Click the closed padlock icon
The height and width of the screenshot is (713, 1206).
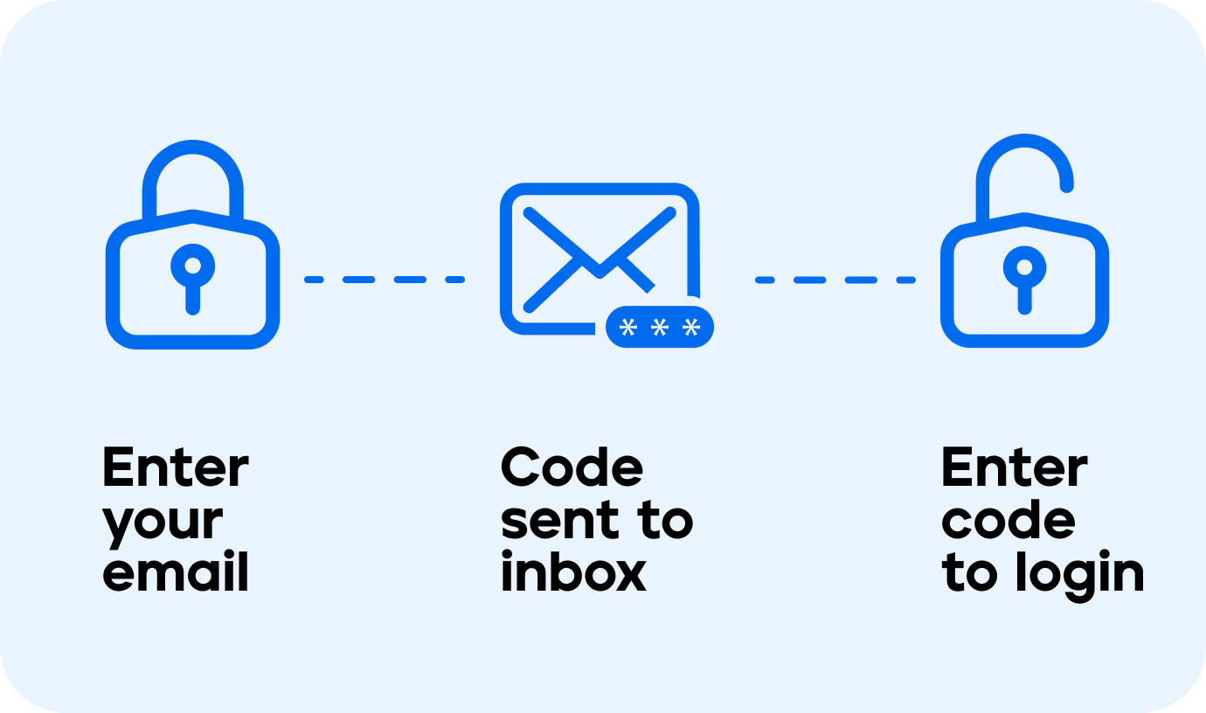pos(192,253)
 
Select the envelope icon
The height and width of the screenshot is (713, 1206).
pos(600,258)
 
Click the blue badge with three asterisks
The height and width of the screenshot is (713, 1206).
pos(660,328)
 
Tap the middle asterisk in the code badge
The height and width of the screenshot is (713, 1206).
pos(660,328)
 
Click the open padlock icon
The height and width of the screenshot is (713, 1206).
pos(1024,253)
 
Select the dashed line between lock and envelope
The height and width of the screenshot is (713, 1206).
pos(385,280)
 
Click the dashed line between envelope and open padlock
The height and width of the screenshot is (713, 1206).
pos(835,280)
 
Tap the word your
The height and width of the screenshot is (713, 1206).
pos(163,523)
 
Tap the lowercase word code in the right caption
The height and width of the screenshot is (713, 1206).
pos(1008,521)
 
